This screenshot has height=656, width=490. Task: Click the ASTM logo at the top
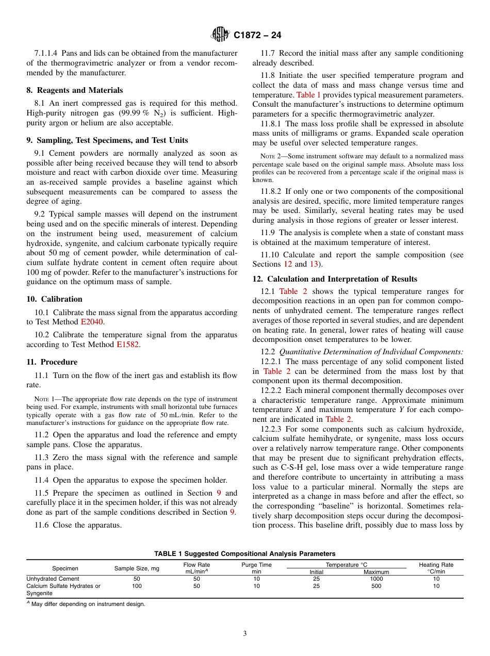point(220,35)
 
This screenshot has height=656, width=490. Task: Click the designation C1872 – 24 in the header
point(257,35)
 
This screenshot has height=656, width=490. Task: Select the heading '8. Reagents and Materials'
point(74,90)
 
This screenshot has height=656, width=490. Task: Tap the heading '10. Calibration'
point(54,299)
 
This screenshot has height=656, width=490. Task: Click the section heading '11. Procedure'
point(52,362)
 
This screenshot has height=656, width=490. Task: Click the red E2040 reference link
point(92,322)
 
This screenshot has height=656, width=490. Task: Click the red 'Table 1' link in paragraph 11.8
point(308,95)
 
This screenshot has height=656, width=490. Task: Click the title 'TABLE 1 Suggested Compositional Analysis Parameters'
point(244,554)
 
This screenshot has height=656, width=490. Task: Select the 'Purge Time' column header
point(256,565)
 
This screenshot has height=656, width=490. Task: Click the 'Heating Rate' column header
point(436,565)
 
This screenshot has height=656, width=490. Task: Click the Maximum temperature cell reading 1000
point(376,579)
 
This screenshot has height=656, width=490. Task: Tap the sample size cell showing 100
point(137,586)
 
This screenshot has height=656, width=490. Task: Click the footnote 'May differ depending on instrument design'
point(88,604)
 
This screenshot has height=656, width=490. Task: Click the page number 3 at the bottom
point(245,634)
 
